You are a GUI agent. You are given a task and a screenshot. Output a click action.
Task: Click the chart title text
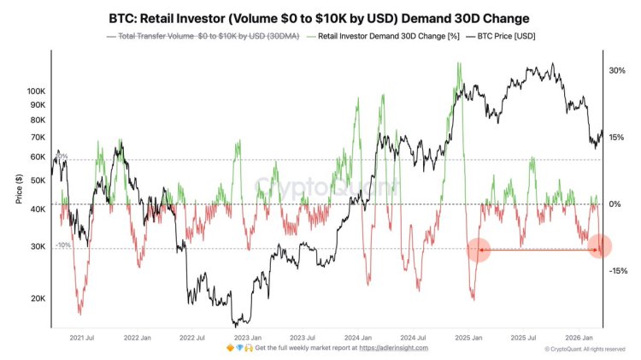point(320,17)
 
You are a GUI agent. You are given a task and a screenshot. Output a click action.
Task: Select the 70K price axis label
point(37,137)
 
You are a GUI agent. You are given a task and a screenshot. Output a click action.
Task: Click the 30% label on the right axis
point(617,71)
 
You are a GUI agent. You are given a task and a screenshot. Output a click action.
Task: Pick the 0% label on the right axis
point(615,204)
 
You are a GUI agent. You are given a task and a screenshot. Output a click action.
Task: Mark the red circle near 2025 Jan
point(478,249)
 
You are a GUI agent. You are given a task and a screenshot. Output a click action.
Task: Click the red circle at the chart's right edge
point(601,246)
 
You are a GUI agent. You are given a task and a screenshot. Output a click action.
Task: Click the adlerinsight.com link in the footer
point(393,349)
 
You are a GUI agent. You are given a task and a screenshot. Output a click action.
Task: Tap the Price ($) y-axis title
point(19,191)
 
